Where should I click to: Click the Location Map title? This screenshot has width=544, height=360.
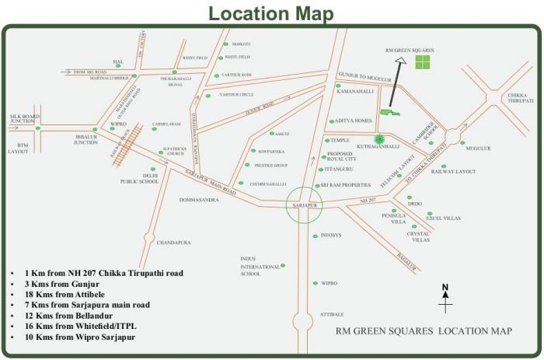(271, 13)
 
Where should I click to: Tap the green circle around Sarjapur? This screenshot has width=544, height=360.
(302, 205)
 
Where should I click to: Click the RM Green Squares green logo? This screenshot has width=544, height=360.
(423, 62)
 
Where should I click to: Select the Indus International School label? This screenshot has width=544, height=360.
(260, 265)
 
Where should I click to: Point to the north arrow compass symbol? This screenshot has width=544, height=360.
(445, 299)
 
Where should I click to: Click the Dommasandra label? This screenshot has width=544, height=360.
(199, 200)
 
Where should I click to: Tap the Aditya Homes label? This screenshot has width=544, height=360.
(354, 121)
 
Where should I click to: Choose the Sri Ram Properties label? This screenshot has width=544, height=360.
(347, 185)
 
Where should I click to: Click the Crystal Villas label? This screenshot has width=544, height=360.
(420, 236)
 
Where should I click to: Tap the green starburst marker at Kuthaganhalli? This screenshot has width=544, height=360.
(379, 140)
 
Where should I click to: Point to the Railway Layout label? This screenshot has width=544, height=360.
(458, 171)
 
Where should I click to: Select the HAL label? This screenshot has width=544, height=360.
(118, 61)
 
